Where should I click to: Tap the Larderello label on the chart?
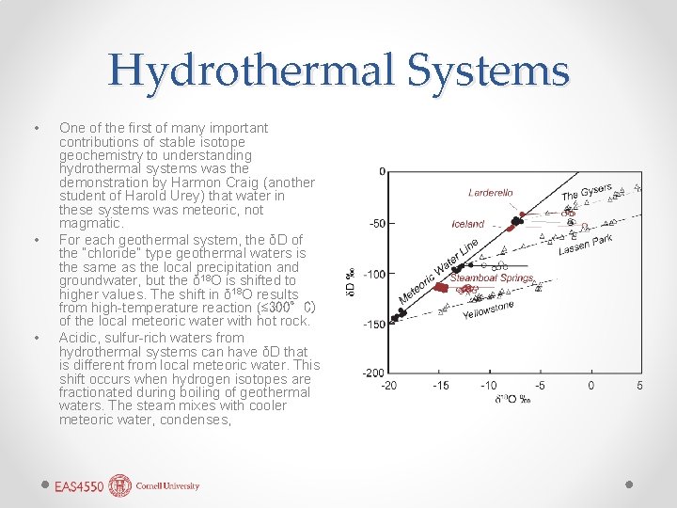491,193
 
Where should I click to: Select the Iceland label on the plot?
467,224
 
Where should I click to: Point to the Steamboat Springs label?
492,278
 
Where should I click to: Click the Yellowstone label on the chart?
488,310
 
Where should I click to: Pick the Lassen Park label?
585,246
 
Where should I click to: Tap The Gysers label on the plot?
587,192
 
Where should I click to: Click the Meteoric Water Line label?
439,274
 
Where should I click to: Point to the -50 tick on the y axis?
374,223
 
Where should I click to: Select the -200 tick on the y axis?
372,373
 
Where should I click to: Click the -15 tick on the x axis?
440,386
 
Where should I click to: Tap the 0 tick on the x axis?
590,386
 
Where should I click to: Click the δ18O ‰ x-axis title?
513,400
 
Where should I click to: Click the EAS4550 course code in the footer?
79,486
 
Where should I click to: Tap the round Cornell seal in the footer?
120,485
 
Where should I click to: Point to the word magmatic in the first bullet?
90,224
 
